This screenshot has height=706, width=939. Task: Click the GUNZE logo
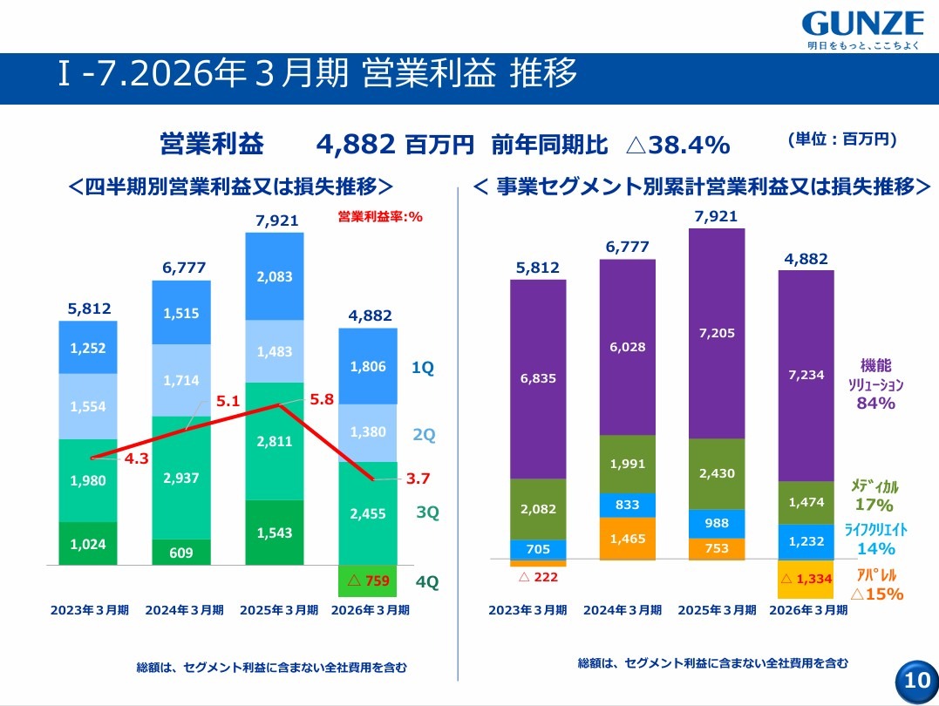tap(862, 30)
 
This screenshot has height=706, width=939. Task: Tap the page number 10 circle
tap(917, 681)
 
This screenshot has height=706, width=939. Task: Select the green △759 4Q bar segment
tap(368, 580)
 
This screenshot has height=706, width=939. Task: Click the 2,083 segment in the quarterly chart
tap(275, 276)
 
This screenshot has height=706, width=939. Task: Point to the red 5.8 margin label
tap(322, 399)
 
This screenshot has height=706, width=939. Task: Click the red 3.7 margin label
tap(418, 479)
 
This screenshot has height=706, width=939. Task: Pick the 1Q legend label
tap(422, 368)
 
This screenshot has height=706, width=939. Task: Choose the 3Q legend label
tap(427, 513)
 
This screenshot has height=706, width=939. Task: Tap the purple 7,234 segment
tap(806, 376)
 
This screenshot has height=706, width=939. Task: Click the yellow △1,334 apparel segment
tap(806, 579)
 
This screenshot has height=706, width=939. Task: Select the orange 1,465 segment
tap(628, 539)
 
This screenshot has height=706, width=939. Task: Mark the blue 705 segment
tap(538, 549)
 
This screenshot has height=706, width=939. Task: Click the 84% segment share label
tap(875, 403)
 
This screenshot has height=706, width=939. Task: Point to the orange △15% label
tap(876, 594)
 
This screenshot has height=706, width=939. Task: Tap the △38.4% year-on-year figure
tap(678, 145)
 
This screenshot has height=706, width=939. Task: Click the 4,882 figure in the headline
tap(356, 145)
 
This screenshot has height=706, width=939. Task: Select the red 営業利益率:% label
tap(380, 217)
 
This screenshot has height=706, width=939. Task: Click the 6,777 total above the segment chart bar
tap(627, 247)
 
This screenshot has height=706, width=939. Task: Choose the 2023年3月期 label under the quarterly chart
tap(89, 610)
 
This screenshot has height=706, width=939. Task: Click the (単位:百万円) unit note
tap(842, 139)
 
